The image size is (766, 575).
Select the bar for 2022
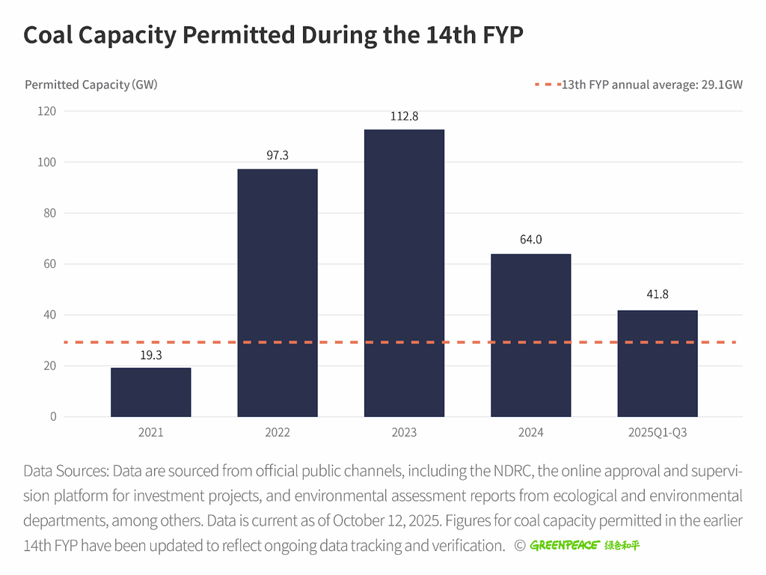pos(278,292)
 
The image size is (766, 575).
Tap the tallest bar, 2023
pos(404,273)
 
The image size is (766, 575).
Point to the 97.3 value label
pos(278,156)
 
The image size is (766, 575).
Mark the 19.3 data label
pos(150,355)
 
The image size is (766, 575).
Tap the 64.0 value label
pos(530,240)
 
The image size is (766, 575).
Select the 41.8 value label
pos(658,295)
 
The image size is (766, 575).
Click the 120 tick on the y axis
pos(47,112)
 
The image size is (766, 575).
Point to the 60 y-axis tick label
pos(49,264)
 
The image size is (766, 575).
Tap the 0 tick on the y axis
pos(53,417)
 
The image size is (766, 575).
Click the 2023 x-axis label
pos(404,433)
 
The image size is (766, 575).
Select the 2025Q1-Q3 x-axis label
pos(658,433)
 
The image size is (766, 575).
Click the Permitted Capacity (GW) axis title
pos(91,85)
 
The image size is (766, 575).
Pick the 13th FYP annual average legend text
pos(652,85)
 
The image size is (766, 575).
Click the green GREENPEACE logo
pos(585,545)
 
